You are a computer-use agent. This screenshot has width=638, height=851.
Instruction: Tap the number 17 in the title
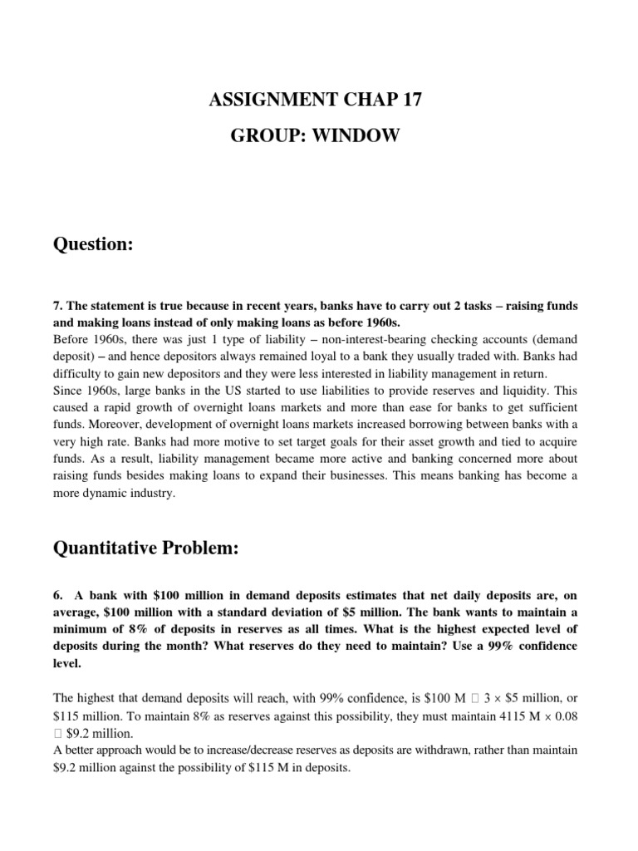coord(401,101)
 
